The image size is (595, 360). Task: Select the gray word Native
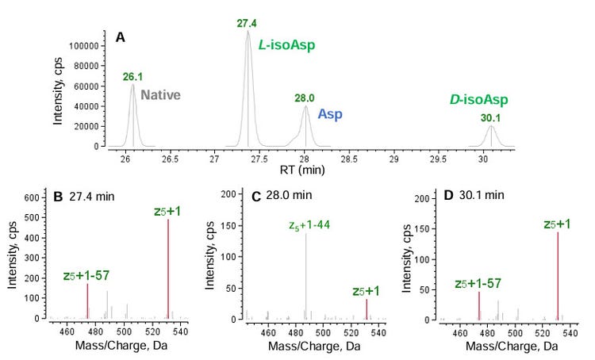[x=161, y=95]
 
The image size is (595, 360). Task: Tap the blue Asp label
[x=330, y=114]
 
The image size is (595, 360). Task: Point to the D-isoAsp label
[x=478, y=100]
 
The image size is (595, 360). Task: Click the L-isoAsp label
[x=287, y=47]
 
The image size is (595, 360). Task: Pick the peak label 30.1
[x=491, y=117]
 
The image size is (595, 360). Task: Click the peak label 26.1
[x=132, y=77]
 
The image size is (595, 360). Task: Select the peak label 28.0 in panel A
[x=305, y=98]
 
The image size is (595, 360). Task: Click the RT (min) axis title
[x=307, y=169]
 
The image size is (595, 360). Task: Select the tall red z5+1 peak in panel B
[x=168, y=268]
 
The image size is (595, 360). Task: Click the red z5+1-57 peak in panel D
[x=479, y=304]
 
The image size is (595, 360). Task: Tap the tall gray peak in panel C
[x=306, y=274]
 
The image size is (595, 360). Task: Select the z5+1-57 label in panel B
[x=86, y=276]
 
